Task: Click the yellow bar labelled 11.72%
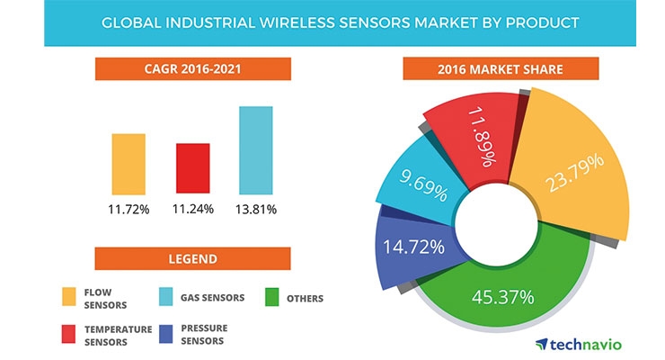coord(129,165)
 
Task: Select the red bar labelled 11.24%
coord(193,168)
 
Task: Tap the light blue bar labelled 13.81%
coord(256,150)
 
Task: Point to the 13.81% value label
coord(256,210)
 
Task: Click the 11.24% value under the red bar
coord(193,209)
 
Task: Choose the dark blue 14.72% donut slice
coord(413,250)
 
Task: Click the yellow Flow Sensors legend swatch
coord(69,297)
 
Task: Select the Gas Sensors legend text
coord(212,298)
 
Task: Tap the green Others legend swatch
coord(272,297)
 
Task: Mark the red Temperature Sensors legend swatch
coord(68,334)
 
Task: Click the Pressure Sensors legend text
coord(204,335)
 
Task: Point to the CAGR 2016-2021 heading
coord(193,68)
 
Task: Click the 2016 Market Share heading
coord(501,68)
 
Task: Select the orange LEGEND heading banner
coord(193,258)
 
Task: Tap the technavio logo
coord(580,345)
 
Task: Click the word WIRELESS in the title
coord(297,22)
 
